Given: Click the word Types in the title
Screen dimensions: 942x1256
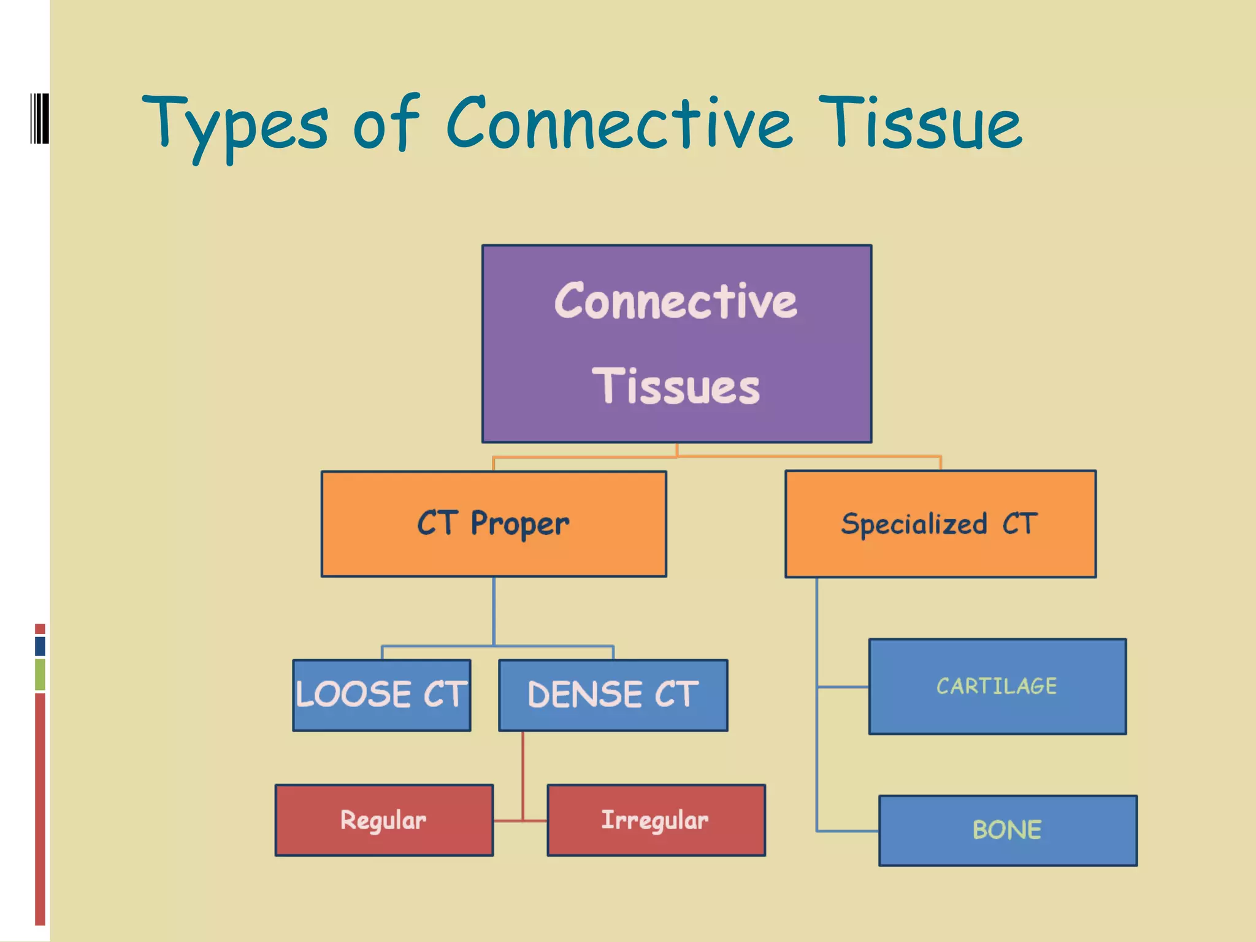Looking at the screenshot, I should (236, 126).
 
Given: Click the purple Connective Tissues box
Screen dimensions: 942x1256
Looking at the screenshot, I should (676, 343).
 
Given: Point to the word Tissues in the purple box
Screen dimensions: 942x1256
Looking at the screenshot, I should (676, 387).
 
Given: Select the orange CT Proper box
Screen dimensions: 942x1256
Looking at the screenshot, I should (494, 524).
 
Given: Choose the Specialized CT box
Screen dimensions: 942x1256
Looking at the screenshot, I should (940, 524).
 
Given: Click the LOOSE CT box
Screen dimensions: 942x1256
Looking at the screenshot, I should (381, 695).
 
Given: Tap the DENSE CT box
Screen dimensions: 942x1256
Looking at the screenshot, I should (613, 695).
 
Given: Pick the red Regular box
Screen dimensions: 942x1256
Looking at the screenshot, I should (384, 820).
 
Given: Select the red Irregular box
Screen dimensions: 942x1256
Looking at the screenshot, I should (656, 820).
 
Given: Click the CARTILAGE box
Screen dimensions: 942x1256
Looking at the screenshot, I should (997, 686).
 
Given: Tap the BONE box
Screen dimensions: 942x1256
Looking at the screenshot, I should (1008, 830).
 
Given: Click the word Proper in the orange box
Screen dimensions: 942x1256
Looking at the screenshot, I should (520, 524).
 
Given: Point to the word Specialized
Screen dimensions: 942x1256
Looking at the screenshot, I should (914, 524).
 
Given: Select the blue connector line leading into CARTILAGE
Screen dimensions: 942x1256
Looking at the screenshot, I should (843, 687).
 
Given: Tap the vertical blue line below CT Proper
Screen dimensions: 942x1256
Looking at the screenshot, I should (494, 610).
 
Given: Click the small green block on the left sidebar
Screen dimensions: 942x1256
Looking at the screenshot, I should (40, 674).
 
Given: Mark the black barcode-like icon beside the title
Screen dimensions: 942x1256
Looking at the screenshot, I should (39, 118).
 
